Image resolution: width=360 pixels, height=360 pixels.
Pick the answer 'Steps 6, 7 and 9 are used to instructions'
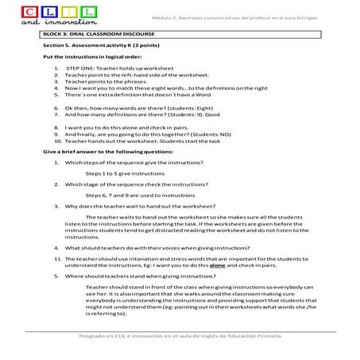(x=139, y=195)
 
